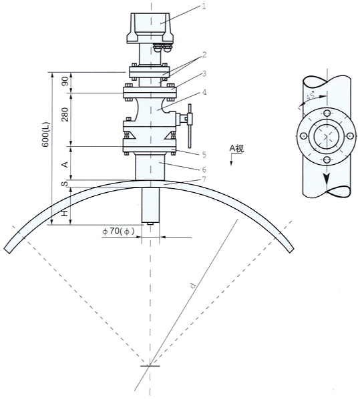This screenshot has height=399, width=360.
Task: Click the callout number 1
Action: click(204, 6)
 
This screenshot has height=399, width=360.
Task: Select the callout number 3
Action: click(204, 74)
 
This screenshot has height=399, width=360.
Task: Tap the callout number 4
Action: click(204, 92)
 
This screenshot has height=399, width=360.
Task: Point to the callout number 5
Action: click(204, 154)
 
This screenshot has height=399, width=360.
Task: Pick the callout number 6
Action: click(204, 169)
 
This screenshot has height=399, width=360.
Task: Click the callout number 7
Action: click(204, 179)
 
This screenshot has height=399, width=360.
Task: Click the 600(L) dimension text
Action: click(46, 135)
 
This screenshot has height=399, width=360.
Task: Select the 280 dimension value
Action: click(65, 115)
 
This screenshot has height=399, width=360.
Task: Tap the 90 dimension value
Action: click(65, 81)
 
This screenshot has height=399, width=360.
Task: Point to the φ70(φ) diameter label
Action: click(118, 232)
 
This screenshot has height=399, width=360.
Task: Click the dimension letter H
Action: click(65, 214)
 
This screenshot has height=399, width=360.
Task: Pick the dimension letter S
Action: click(65, 183)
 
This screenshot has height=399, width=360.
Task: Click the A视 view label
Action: click(236, 148)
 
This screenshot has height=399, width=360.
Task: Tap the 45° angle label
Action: click(311, 96)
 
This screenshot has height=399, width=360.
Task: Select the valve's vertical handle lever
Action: click(190, 125)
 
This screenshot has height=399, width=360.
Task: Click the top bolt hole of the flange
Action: click(327, 113)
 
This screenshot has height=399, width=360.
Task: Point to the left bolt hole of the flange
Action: click(303, 136)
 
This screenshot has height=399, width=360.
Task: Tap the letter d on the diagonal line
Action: click(194, 286)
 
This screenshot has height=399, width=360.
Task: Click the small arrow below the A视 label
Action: click(231, 159)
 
